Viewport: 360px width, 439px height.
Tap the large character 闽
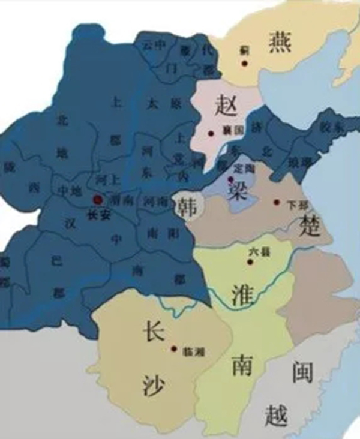coord(302,374)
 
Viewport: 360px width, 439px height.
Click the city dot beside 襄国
coord(211,133)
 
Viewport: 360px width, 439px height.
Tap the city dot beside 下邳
coord(277,202)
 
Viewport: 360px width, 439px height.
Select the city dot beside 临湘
coord(174,348)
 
